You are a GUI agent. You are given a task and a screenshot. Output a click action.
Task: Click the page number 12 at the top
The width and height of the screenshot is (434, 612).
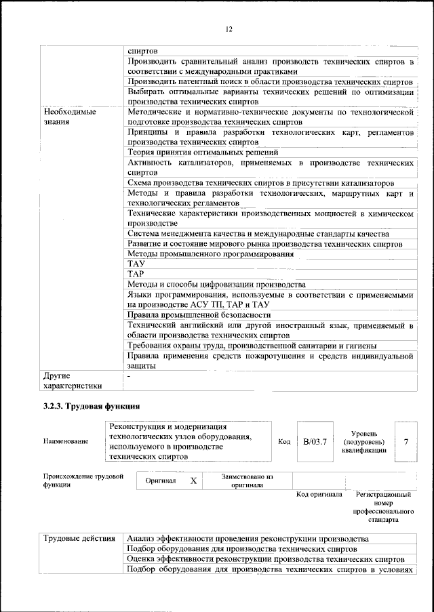[x=229, y=29]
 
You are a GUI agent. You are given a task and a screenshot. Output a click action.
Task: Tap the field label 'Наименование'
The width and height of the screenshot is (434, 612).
[x=66, y=442]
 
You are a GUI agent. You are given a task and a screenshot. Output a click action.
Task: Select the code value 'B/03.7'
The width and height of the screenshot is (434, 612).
[x=315, y=442]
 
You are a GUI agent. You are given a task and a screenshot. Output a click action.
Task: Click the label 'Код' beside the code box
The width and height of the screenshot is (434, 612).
[x=284, y=442]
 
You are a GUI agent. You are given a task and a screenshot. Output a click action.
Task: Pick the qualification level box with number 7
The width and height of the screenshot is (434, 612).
[x=406, y=442]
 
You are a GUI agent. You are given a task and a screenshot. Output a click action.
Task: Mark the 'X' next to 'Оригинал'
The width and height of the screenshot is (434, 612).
[x=193, y=481]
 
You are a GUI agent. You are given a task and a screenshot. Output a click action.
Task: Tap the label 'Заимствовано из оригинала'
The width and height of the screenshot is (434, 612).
[x=247, y=481]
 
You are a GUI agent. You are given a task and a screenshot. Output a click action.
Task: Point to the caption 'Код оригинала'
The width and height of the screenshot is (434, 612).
[x=319, y=494]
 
